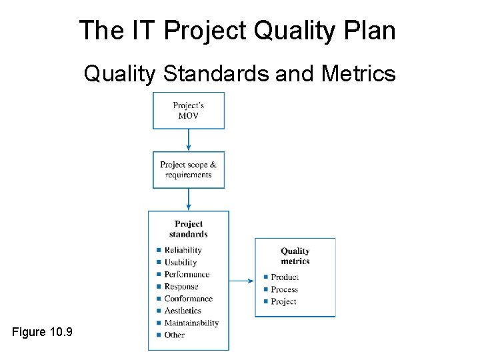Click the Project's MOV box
click(x=189, y=111)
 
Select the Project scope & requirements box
click(x=189, y=170)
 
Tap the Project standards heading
click(x=189, y=229)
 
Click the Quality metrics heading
click(x=295, y=256)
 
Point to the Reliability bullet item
click(x=183, y=250)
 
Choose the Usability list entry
click(x=181, y=263)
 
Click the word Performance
click(x=187, y=275)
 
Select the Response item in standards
click(x=181, y=287)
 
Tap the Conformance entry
click(x=188, y=299)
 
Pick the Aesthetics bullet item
click(x=183, y=311)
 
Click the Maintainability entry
click(x=191, y=323)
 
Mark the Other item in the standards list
click(x=175, y=335)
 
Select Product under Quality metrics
click(x=285, y=277)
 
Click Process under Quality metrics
click(x=285, y=289)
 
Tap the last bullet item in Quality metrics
click(x=283, y=301)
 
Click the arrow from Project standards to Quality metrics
click(x=242, y=281)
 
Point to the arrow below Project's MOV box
click(x=189, y=141)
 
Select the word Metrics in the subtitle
click(x=358, y=73)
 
